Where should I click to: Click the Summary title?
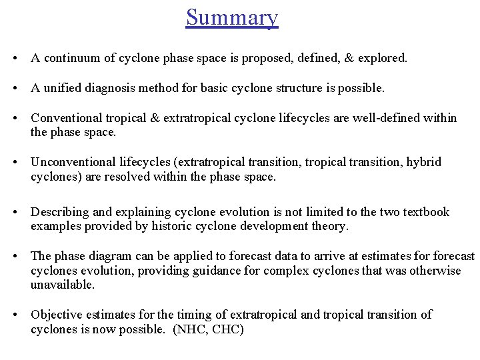pos(232,17)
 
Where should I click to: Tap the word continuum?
pos(71,59)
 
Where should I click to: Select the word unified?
pos(61,88)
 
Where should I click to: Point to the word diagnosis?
pos(110,88)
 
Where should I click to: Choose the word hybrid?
pos(424,162)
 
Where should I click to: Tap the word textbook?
pos(424,212)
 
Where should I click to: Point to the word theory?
pos(330,227)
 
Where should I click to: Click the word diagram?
pos(114,256)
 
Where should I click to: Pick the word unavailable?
pos(62,285)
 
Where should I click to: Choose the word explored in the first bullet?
pos(381,59)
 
